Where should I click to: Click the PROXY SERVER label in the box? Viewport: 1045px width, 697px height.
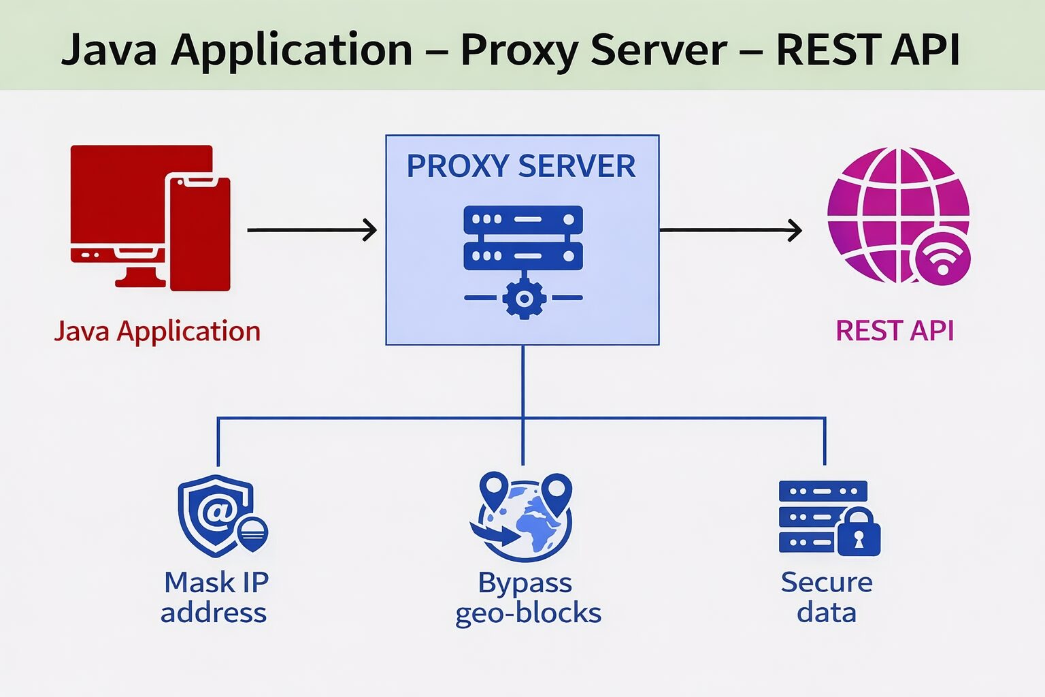(521, 166)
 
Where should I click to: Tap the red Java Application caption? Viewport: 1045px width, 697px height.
(157, 331)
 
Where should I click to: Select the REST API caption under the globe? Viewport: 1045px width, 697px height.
(895, 331)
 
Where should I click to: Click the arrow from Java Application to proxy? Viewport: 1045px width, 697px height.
(312, 230)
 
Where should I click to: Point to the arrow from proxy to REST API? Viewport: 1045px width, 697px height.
(730, 230)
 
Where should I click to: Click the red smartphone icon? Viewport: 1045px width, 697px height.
(200, 233)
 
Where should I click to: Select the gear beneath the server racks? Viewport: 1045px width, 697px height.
(523, 298)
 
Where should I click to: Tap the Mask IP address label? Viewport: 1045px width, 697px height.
(215, 598)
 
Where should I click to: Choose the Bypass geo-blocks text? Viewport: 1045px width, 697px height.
(527, 598)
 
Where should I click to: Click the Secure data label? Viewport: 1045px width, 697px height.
(826, 598)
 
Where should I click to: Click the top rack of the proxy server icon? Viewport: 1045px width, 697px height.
(523, 220)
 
